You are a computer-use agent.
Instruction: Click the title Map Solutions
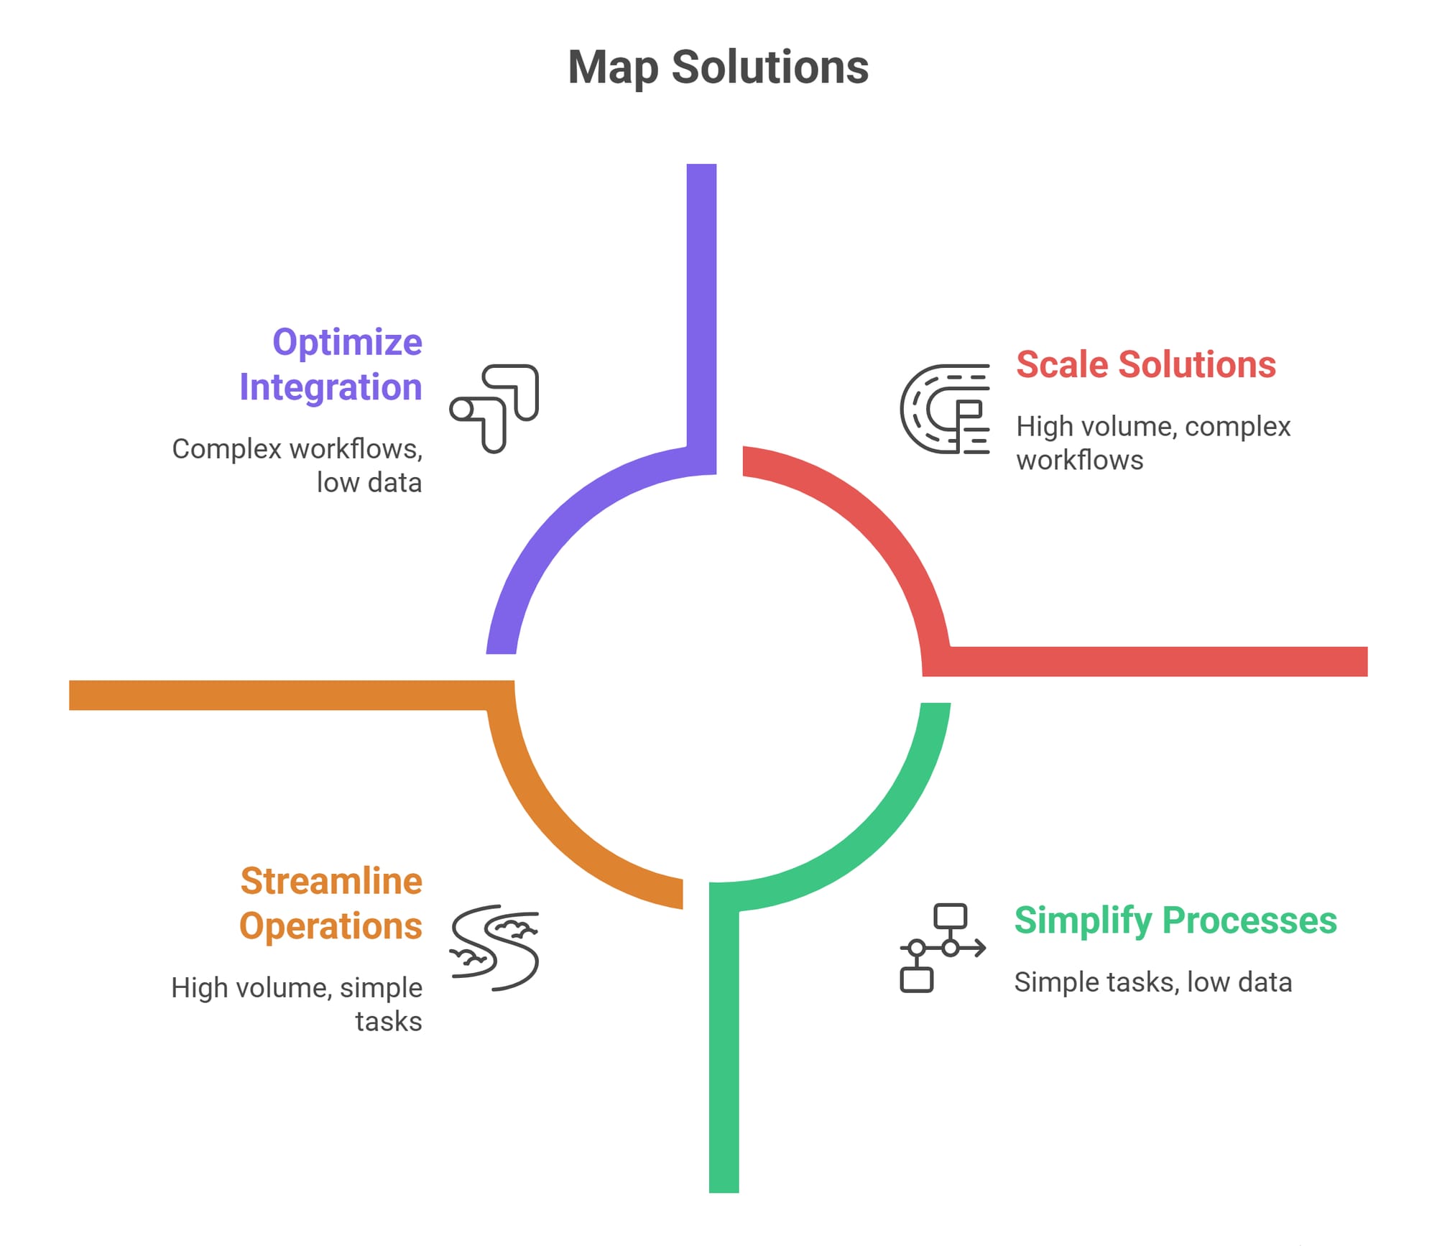(718, 68)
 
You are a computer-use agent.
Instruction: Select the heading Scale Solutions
(1145, 364)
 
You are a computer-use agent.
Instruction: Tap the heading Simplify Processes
(1175, 920)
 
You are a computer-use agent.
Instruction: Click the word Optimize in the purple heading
(347, 342)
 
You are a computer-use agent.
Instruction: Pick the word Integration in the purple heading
(331, 387)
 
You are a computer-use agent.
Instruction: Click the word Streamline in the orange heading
(331, 881)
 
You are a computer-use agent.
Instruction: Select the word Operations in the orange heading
(331, 926)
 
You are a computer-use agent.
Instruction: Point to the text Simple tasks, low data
(1152, 982)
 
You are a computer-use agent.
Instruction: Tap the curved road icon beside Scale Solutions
(944, 409)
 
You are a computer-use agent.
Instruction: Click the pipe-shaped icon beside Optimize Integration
(494, 408)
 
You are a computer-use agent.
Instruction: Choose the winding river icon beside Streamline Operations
(494, 948)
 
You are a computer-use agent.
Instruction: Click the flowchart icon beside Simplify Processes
(942, 948)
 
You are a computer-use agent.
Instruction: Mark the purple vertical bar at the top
(701, 302)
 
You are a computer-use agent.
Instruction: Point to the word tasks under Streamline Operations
(389, 1021)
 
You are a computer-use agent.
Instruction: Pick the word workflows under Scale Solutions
(1079, 461)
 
